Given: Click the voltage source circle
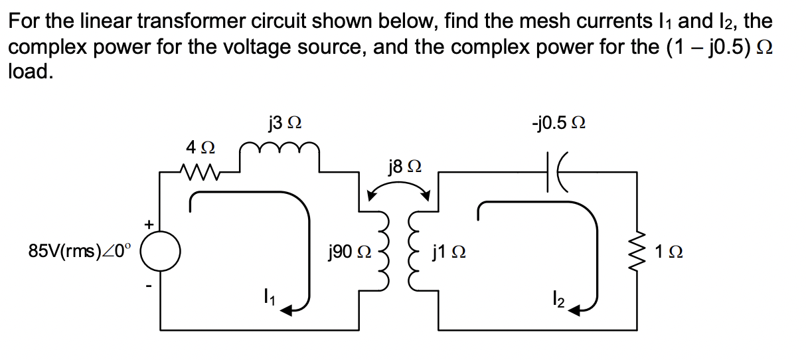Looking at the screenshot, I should click(160, 252).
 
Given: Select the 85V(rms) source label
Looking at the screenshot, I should click(80, 252).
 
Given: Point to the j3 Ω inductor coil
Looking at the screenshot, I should click(280, 151).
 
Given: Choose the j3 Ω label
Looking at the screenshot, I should click(283, 123).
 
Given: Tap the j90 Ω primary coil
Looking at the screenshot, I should click(384, 251).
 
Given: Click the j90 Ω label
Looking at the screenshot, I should click(350, 252).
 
